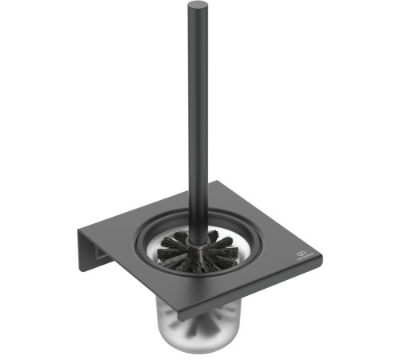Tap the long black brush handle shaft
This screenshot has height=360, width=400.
(197, 120)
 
